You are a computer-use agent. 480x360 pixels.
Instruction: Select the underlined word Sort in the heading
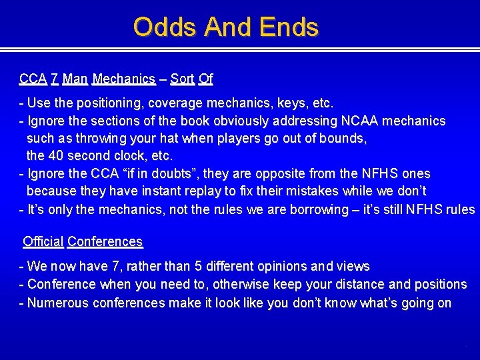click(x=182, y=79)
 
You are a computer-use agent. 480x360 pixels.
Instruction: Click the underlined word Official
click(x=43, y=241)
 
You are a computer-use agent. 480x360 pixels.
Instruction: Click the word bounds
click(x=343, y=139)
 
